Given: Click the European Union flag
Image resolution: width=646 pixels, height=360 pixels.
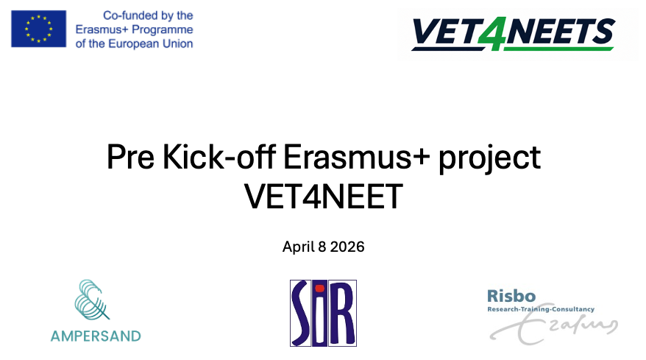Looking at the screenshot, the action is (x=39, y=29).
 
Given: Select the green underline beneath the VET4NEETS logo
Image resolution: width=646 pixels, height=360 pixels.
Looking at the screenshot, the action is (x=558, y=49).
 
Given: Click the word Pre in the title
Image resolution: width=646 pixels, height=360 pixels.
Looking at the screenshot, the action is (x=131, y=157).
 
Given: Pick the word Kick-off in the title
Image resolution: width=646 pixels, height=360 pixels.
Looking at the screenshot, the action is (x=219, y=157).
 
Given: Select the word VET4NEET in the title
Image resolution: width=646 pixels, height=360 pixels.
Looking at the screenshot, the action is (x=324, y=197).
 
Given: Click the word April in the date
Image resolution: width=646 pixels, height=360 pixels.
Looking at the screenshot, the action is (x=299, y=247).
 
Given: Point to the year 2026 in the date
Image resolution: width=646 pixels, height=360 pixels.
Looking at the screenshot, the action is (x=347, y=247).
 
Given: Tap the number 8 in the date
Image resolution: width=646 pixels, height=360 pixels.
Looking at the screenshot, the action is (x=322, y=247).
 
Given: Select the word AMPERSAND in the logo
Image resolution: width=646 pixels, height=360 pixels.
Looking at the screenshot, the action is (x=96, y=336).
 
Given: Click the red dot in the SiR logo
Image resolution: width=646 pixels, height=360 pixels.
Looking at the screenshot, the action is (x=320, y=289).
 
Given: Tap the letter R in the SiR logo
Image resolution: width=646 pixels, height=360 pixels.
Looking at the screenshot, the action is (x=341, y=314).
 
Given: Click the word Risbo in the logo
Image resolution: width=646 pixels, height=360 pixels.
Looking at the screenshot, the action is (x=511, y=296).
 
